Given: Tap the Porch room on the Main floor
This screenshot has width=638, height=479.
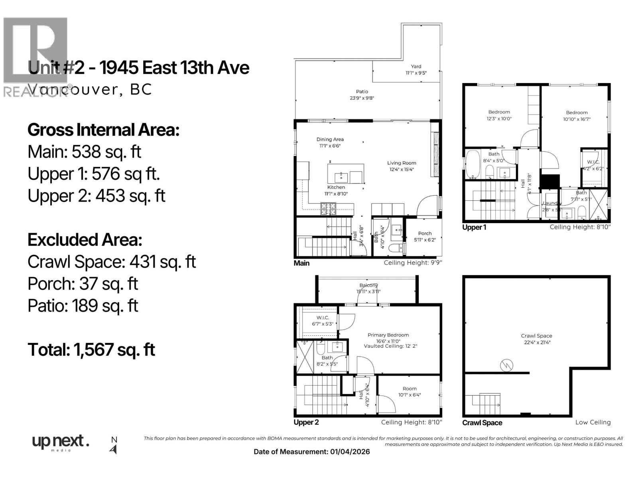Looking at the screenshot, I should (x=425, y=236).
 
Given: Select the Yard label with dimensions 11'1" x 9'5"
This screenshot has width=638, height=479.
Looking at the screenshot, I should (x=416, y=70).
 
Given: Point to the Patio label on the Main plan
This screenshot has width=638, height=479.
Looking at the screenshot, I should (x=362, y=95).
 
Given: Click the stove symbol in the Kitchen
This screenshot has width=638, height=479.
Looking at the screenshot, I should (x=328, y=208).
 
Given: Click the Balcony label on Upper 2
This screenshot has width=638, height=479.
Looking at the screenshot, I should (x=368, y=288).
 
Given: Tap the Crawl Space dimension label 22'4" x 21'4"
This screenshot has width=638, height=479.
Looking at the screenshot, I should (x=536, y=342).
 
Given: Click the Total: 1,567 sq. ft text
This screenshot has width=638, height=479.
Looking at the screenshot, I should (x=91, y=350).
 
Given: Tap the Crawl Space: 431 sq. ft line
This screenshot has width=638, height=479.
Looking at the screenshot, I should (x=112, y=262).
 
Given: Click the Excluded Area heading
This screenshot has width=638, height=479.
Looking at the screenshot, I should (x=85, y=240).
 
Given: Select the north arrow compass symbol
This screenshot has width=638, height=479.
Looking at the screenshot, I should (x=114, y=449).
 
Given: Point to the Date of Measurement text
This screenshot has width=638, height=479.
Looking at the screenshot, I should (x=311, y=452).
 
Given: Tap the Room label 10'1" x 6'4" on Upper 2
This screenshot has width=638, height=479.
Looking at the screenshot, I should (x=410, y=392).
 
